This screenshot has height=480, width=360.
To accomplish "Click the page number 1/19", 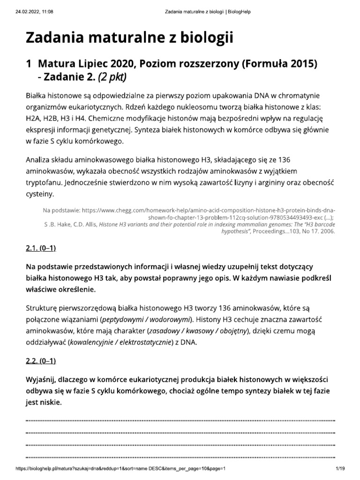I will pyautogui.click(x=340, y=469).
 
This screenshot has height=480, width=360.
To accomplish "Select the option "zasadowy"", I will pyautogui.click(x=164, y=331).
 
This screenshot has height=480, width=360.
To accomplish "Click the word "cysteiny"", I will pyautogui.click(x=40, y=193).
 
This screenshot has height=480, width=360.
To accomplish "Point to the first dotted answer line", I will pyautogui.click(x=180, y=420).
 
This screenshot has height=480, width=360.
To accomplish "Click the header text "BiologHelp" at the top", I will pyautogui.click(x=239, y=11).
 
